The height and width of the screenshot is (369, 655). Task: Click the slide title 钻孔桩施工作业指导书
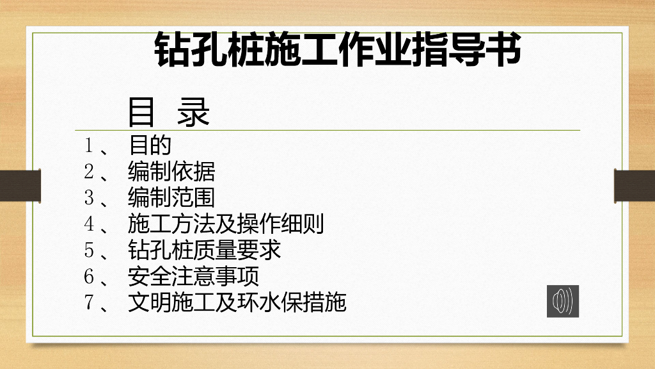click(x=338, y=50)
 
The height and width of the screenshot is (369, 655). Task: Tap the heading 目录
click(x=169, y=113)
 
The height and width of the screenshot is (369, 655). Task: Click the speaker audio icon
click(x=563, y=301)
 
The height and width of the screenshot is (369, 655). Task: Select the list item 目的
click(x=150, y=145)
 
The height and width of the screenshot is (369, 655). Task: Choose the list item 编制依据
click(x=171, y=172)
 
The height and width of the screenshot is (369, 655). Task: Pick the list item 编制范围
click(x=171, y=198)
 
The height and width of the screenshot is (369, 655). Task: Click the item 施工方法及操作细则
click(x=226, y=224)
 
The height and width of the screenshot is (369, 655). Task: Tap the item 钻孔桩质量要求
click(x=205, y=250)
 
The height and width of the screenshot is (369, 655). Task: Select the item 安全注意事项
click(x=193, y=277)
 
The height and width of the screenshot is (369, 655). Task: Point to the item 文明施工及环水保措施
click(x=237, y=302)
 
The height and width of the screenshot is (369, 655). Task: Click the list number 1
click(x=89, y=145)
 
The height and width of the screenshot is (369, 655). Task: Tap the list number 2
click(x=89, y=172)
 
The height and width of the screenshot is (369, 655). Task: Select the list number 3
click(x=89, y=198)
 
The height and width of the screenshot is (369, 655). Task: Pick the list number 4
click(x=89, y=224)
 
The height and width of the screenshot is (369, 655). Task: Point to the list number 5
click(x=89, y=250)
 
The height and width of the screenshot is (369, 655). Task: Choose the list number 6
click(x=89, y=277)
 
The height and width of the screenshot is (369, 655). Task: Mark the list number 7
click(x=89, y=302)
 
